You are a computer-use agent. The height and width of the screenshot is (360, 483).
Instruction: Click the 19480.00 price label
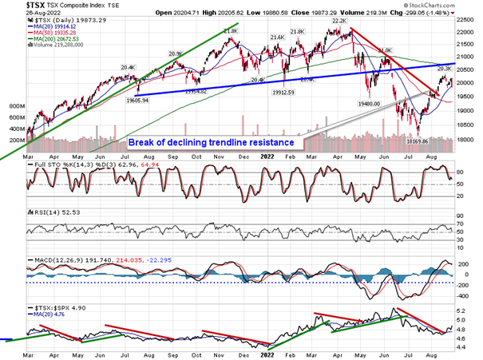[x=374, y=103]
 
